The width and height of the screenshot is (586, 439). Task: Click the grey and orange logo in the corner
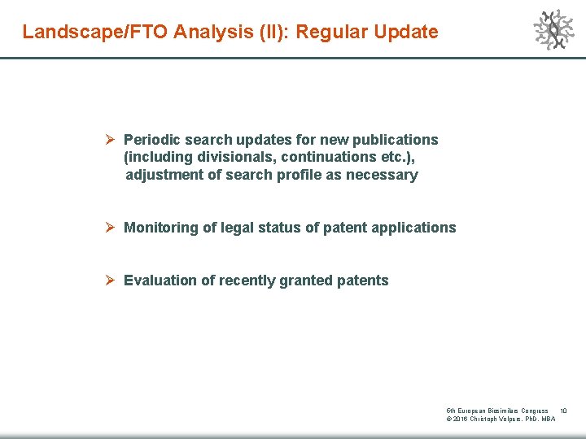pos(553,30)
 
